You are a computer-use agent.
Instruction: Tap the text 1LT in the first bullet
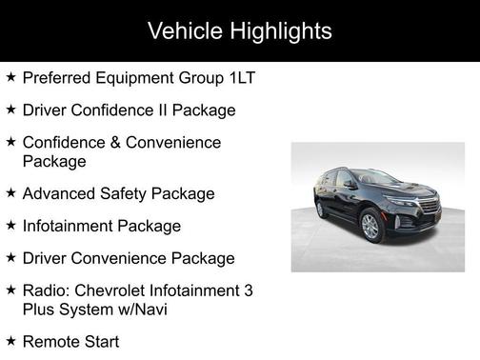243,77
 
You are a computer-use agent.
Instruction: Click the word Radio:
46,290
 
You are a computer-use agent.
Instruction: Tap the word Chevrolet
110,290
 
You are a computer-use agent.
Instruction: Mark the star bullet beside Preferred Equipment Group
10,76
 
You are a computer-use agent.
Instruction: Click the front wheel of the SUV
370,227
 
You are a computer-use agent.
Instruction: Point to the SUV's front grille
428,208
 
